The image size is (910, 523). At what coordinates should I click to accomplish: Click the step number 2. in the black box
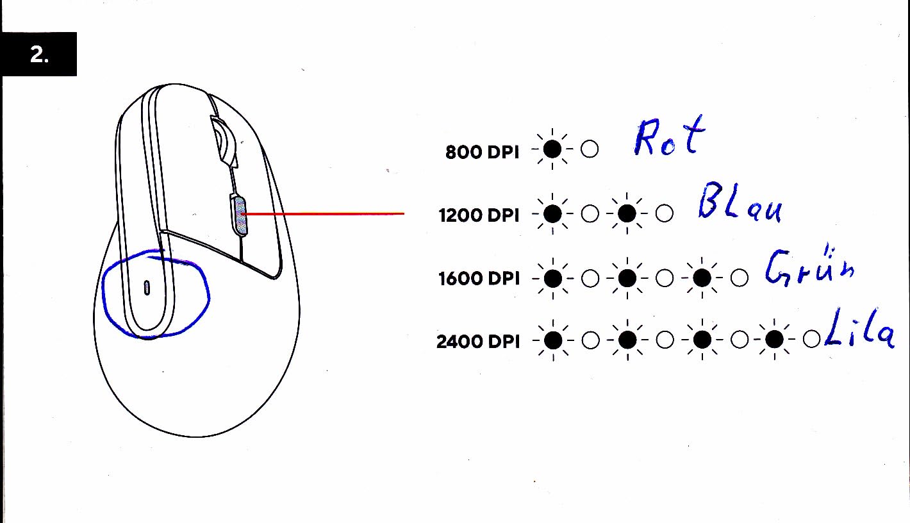(39, 54)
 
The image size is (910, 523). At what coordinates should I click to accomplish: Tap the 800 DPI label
(482, 153)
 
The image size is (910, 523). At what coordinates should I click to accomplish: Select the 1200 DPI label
(479, 215)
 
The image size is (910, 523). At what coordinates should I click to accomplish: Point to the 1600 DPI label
(479, 279)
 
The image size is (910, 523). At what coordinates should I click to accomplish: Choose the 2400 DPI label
(478, 342)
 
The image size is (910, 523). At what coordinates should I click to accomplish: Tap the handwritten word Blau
(740, 202)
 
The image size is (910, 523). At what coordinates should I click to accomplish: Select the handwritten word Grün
(809, 266)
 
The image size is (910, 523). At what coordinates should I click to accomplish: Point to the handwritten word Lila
(859, 328)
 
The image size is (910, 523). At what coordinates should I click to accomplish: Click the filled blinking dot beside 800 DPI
(552, 149)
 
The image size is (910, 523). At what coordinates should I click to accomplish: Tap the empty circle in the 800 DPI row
(590, 149)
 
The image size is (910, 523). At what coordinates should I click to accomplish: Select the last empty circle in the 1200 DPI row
(664, 213)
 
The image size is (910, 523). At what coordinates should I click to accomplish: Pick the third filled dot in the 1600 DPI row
(702, 278)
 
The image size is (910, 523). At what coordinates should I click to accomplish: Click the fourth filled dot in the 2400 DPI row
(774, 339)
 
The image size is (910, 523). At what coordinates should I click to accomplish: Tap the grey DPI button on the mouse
(240, 215)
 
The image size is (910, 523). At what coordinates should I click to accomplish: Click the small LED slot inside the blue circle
(147, 288)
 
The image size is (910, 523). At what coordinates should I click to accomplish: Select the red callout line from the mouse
(324, 214)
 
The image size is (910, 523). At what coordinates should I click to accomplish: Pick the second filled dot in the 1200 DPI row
(627, 213)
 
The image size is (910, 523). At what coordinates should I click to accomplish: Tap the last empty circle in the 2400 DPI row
(812, 339)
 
